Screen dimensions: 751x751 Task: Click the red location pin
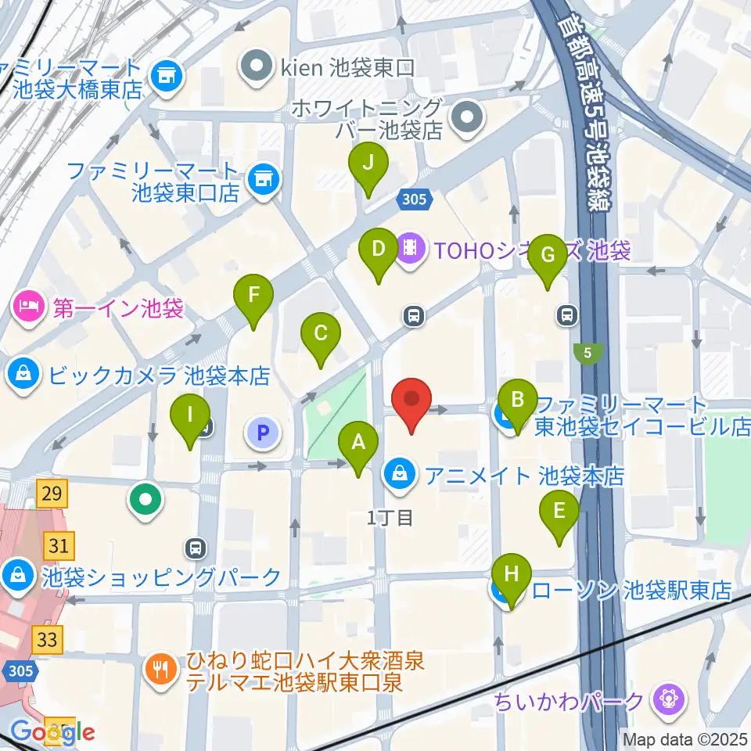411,401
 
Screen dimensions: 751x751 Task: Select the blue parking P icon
263,431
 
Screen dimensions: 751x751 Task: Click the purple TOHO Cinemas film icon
410,250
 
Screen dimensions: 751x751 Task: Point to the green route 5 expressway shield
588,354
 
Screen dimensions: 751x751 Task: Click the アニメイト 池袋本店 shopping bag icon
400,473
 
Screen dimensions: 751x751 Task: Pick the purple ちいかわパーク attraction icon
670,697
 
